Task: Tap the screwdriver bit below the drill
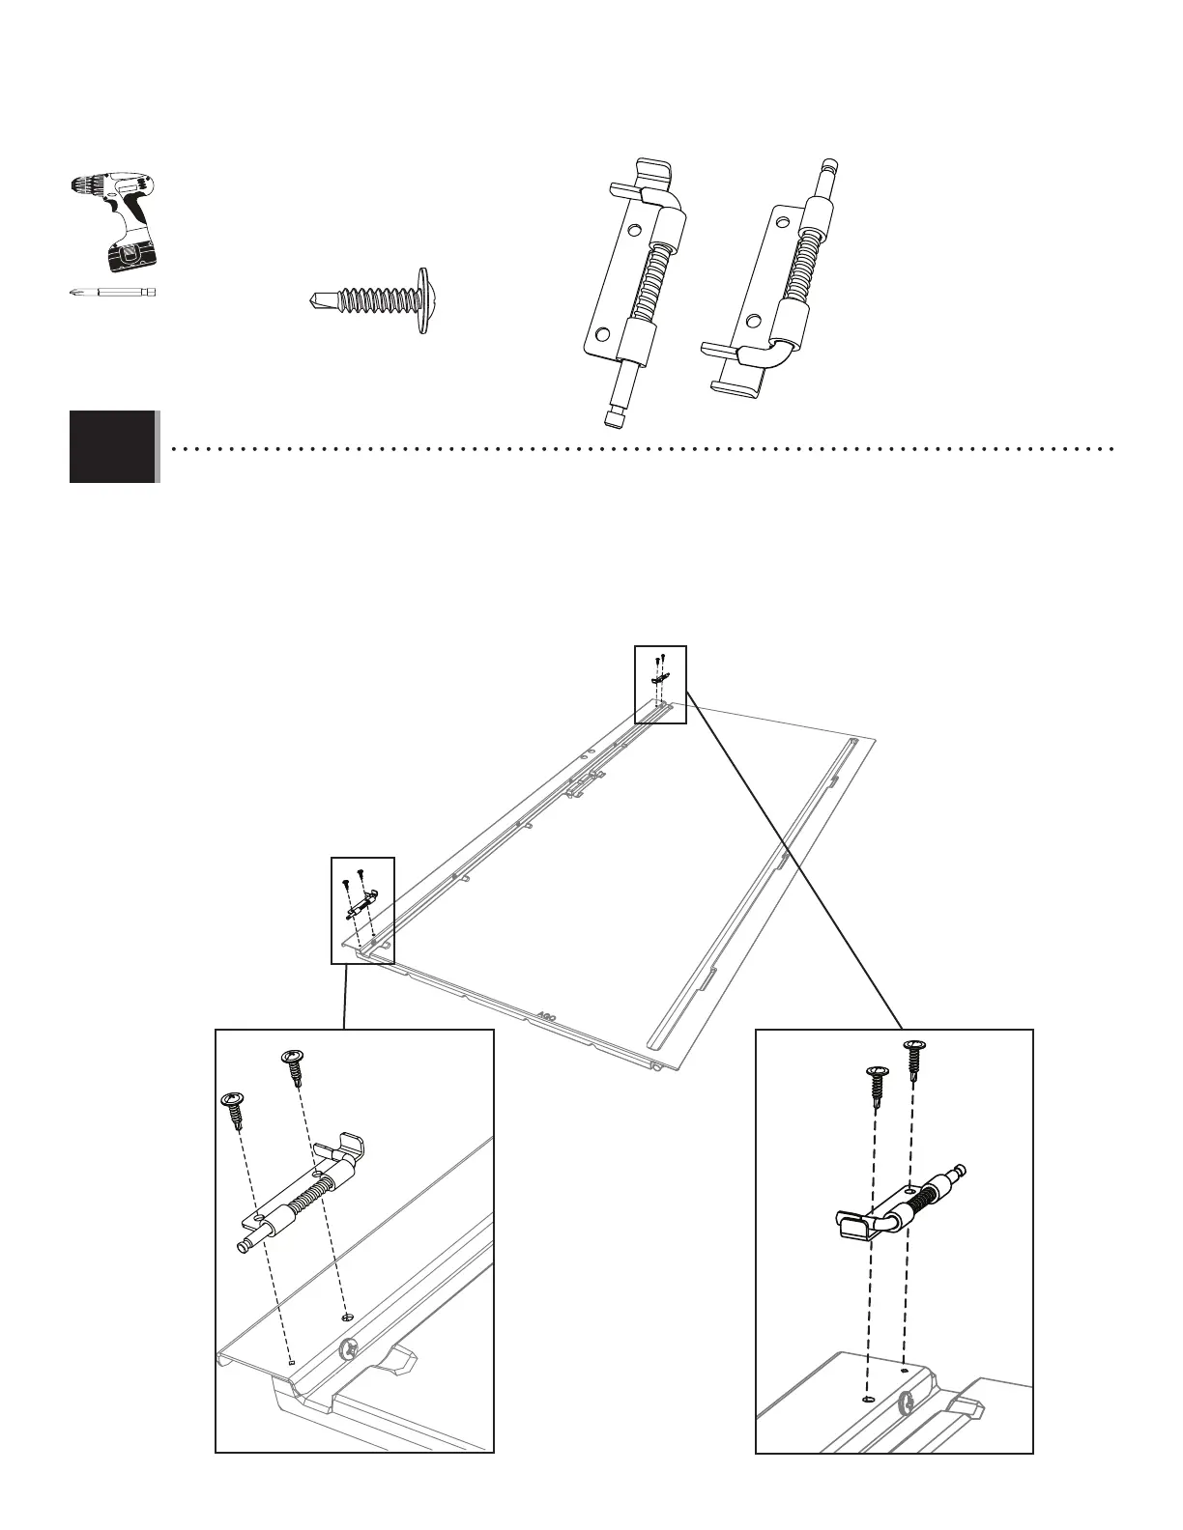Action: coord(113,291)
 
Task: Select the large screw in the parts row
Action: coord(371,299)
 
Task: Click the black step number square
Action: coord(112,446)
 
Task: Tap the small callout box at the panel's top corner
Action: coord(660,684)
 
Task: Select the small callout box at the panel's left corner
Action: coord(362,910)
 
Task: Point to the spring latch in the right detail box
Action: coord(899,1207)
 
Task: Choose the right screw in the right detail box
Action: coord(913,1057)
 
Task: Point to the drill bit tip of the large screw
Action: coord(314,299)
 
